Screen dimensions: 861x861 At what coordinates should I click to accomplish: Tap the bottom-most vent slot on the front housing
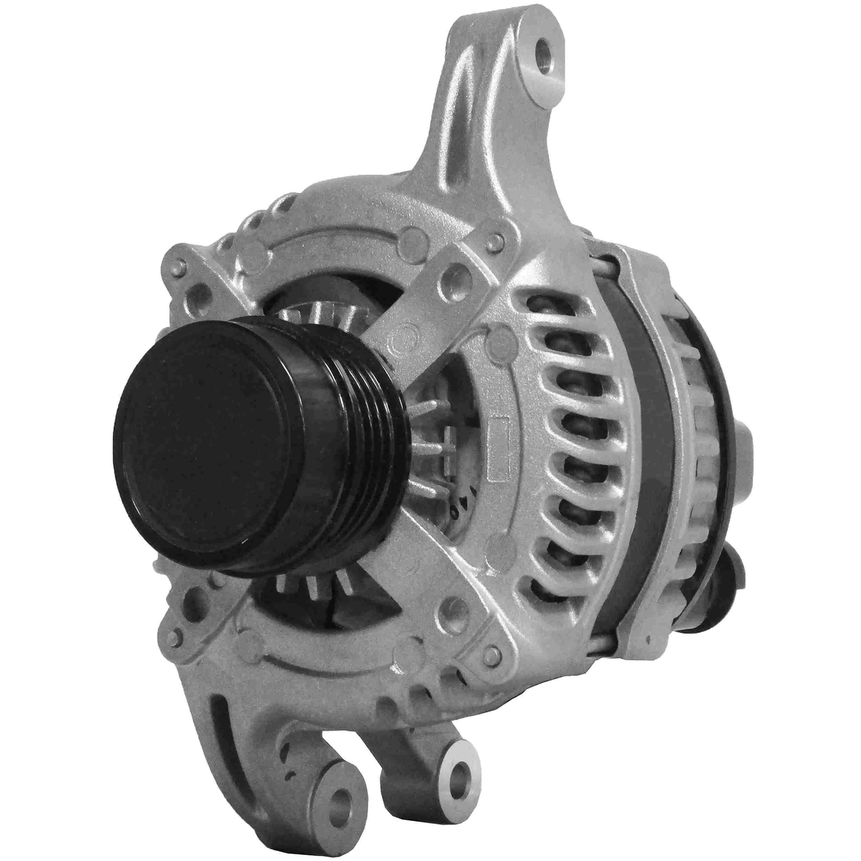pos(541,591)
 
